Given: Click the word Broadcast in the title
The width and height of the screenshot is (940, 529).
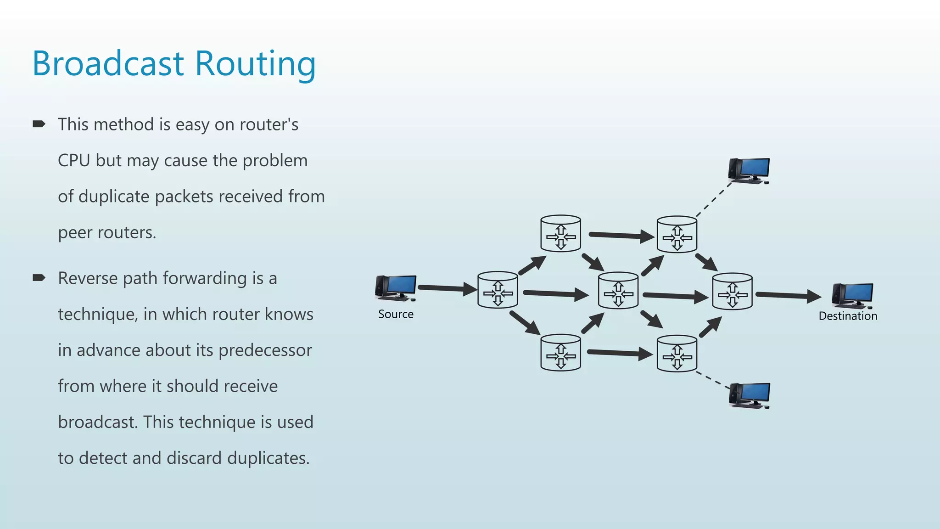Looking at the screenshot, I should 108,63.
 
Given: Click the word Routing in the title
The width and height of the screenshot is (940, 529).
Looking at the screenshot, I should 255,64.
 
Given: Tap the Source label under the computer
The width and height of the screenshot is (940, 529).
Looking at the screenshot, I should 396,314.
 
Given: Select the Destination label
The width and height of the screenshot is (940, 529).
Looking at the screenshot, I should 848,316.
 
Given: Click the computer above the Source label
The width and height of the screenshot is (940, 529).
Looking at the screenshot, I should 396,288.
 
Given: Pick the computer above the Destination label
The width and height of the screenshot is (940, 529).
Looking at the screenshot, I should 852,295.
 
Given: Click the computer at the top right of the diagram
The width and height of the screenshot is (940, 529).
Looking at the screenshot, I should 749,170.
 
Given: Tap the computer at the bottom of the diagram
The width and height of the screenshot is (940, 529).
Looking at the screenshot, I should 749,395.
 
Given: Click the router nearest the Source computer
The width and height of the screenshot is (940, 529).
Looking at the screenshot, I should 498,290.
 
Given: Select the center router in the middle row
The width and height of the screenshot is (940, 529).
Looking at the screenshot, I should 618,291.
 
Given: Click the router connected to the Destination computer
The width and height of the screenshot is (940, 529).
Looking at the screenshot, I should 732,292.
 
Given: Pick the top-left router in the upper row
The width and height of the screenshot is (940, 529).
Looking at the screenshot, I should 560,234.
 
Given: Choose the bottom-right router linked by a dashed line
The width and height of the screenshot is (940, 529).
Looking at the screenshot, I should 677,354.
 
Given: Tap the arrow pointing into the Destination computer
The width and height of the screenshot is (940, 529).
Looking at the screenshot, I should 788,295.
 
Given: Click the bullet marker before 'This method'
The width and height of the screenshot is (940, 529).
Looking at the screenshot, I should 39,124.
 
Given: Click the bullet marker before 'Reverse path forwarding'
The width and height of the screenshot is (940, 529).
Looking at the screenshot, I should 39,277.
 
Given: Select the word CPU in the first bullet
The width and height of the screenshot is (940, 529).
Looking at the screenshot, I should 73,161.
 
